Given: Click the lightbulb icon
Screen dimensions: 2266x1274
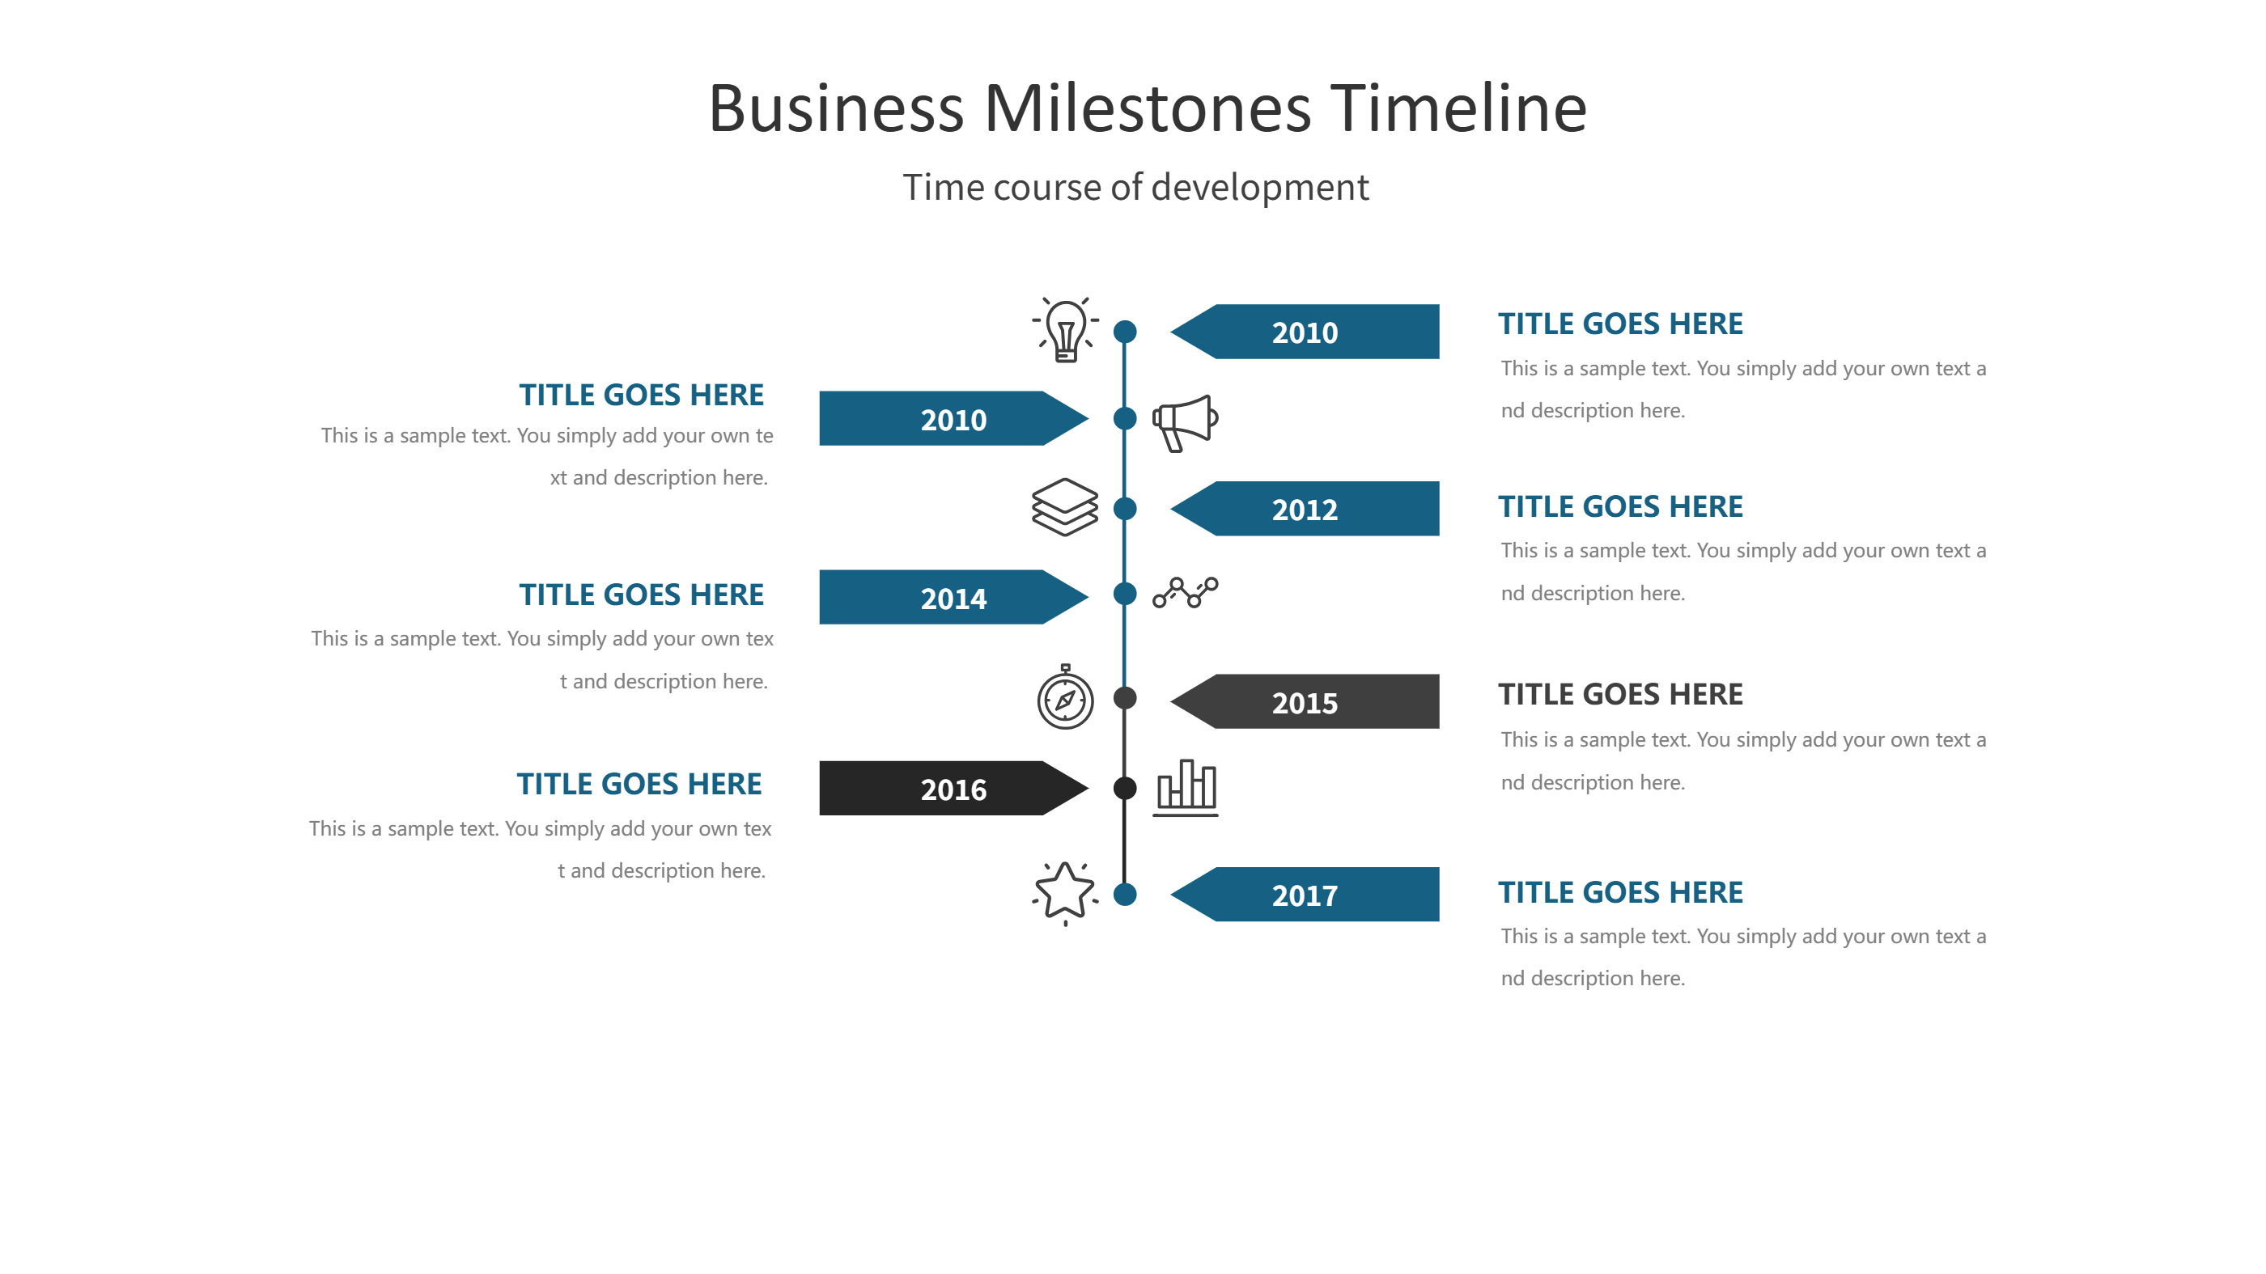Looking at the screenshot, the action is click(1065, 330).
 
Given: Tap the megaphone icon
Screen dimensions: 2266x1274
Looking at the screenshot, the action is click(1185, 423).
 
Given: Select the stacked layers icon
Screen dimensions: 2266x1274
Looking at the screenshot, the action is click(1064, 507).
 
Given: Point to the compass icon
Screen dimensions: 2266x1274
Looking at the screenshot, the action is click(1065, 697).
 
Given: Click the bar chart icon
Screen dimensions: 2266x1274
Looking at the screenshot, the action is click(1186, 788).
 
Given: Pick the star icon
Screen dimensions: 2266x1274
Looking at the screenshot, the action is click(1065, 892).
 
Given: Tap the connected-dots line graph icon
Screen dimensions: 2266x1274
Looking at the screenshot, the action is click(1185, 593).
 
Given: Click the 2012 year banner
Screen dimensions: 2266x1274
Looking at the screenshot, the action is click(1305, 508).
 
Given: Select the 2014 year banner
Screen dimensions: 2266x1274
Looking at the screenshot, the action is click(954, 597).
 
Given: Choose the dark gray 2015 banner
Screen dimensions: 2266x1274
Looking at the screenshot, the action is click(1305, 701).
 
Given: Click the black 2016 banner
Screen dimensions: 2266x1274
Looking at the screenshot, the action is click(954, 789).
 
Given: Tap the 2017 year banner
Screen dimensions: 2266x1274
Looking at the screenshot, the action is click(1305, 894).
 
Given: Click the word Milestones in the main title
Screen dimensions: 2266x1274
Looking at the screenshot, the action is click(1148, 108).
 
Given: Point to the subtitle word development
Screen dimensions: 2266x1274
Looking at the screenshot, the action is click(1260, 188).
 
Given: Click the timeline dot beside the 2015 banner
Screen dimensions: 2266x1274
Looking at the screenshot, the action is click(1125, 698).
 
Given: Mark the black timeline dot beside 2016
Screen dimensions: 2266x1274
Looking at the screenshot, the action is click(1125, 788).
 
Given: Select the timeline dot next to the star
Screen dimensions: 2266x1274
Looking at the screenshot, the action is click(1125, 894).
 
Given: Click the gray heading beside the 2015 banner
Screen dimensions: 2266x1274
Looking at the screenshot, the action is click(1620, 695).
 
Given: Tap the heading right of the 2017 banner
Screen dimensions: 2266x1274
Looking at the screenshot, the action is click(1620, 892).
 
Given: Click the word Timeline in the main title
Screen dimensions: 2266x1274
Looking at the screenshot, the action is click(1458, 108).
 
